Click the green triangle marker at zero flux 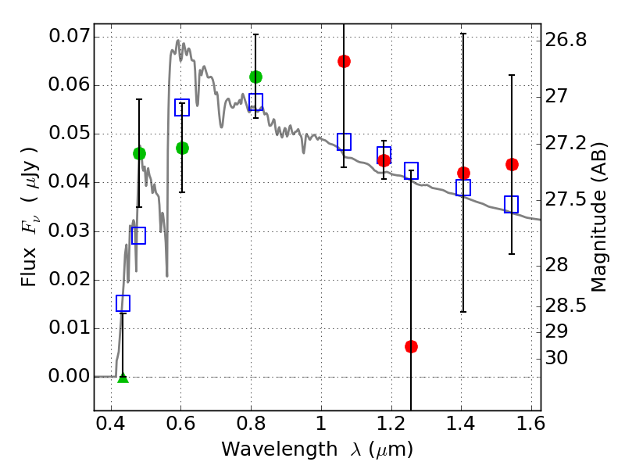123,378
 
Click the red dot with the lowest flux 412,346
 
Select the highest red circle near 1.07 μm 344,61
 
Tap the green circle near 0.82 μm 255,77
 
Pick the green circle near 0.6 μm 182,148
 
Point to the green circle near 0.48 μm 139,153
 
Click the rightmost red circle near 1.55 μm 512,164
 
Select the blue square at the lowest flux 123,303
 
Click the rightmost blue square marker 512,204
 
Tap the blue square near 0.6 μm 182,108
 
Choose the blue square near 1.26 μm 412,170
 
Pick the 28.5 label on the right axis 566,305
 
